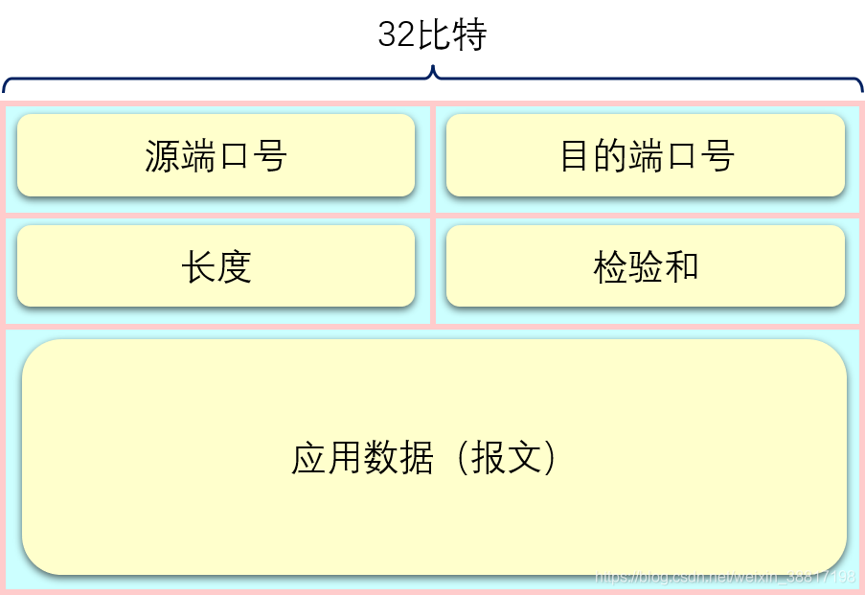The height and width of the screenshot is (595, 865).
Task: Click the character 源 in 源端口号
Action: tap(163, 156)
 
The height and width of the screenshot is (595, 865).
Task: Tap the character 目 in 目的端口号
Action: tap(576, 156)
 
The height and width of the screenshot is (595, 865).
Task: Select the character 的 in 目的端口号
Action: tap(611, 156)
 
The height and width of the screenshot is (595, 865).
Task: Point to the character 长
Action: tap(198, 267)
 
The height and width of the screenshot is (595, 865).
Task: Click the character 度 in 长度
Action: tap(234, 267)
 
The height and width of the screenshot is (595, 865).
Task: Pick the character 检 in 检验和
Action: tap(611, 267)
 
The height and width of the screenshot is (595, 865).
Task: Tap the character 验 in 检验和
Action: tap(647, 267)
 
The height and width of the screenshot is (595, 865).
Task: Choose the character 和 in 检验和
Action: tap(682, 267)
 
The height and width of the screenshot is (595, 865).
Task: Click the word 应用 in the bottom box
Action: tap(327, 458)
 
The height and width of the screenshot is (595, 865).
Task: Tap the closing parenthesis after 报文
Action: tap(549, 458)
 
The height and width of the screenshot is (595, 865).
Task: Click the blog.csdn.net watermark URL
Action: tap(724, 577)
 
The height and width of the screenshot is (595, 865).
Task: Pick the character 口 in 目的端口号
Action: tap(682, 156)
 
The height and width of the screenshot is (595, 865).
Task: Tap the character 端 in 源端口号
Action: tap(198, 156)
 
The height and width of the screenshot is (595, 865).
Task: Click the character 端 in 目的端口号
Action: tap(647, 156)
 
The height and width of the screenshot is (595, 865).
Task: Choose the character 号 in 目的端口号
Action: tap(717, 156)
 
